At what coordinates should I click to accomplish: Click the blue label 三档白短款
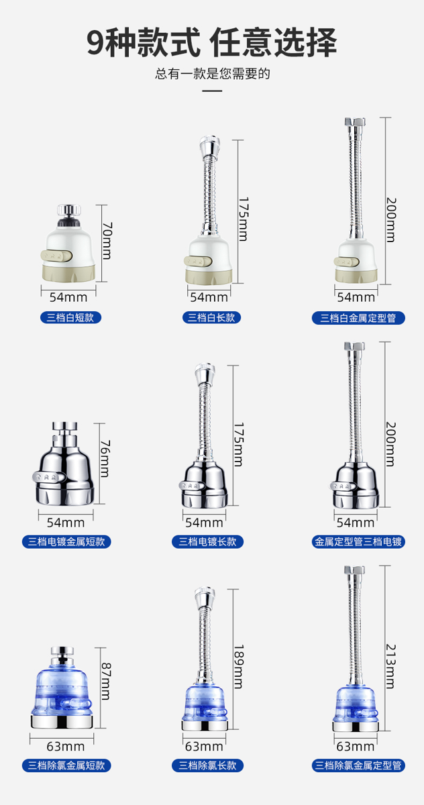coord(70,318)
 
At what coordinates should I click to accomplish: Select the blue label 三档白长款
coord(211,318)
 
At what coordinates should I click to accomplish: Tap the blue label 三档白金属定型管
coord(358,318)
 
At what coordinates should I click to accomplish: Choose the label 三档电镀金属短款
coord(66,541)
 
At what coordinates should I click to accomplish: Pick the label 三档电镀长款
coord(208,541)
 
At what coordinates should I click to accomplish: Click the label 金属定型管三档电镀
coord(358,541)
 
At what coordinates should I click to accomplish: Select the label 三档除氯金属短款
coord(66,765)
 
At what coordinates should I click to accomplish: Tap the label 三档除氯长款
coord(208,765)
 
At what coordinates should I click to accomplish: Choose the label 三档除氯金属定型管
coord(358,765)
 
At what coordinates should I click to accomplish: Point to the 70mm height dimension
coord(107,241)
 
